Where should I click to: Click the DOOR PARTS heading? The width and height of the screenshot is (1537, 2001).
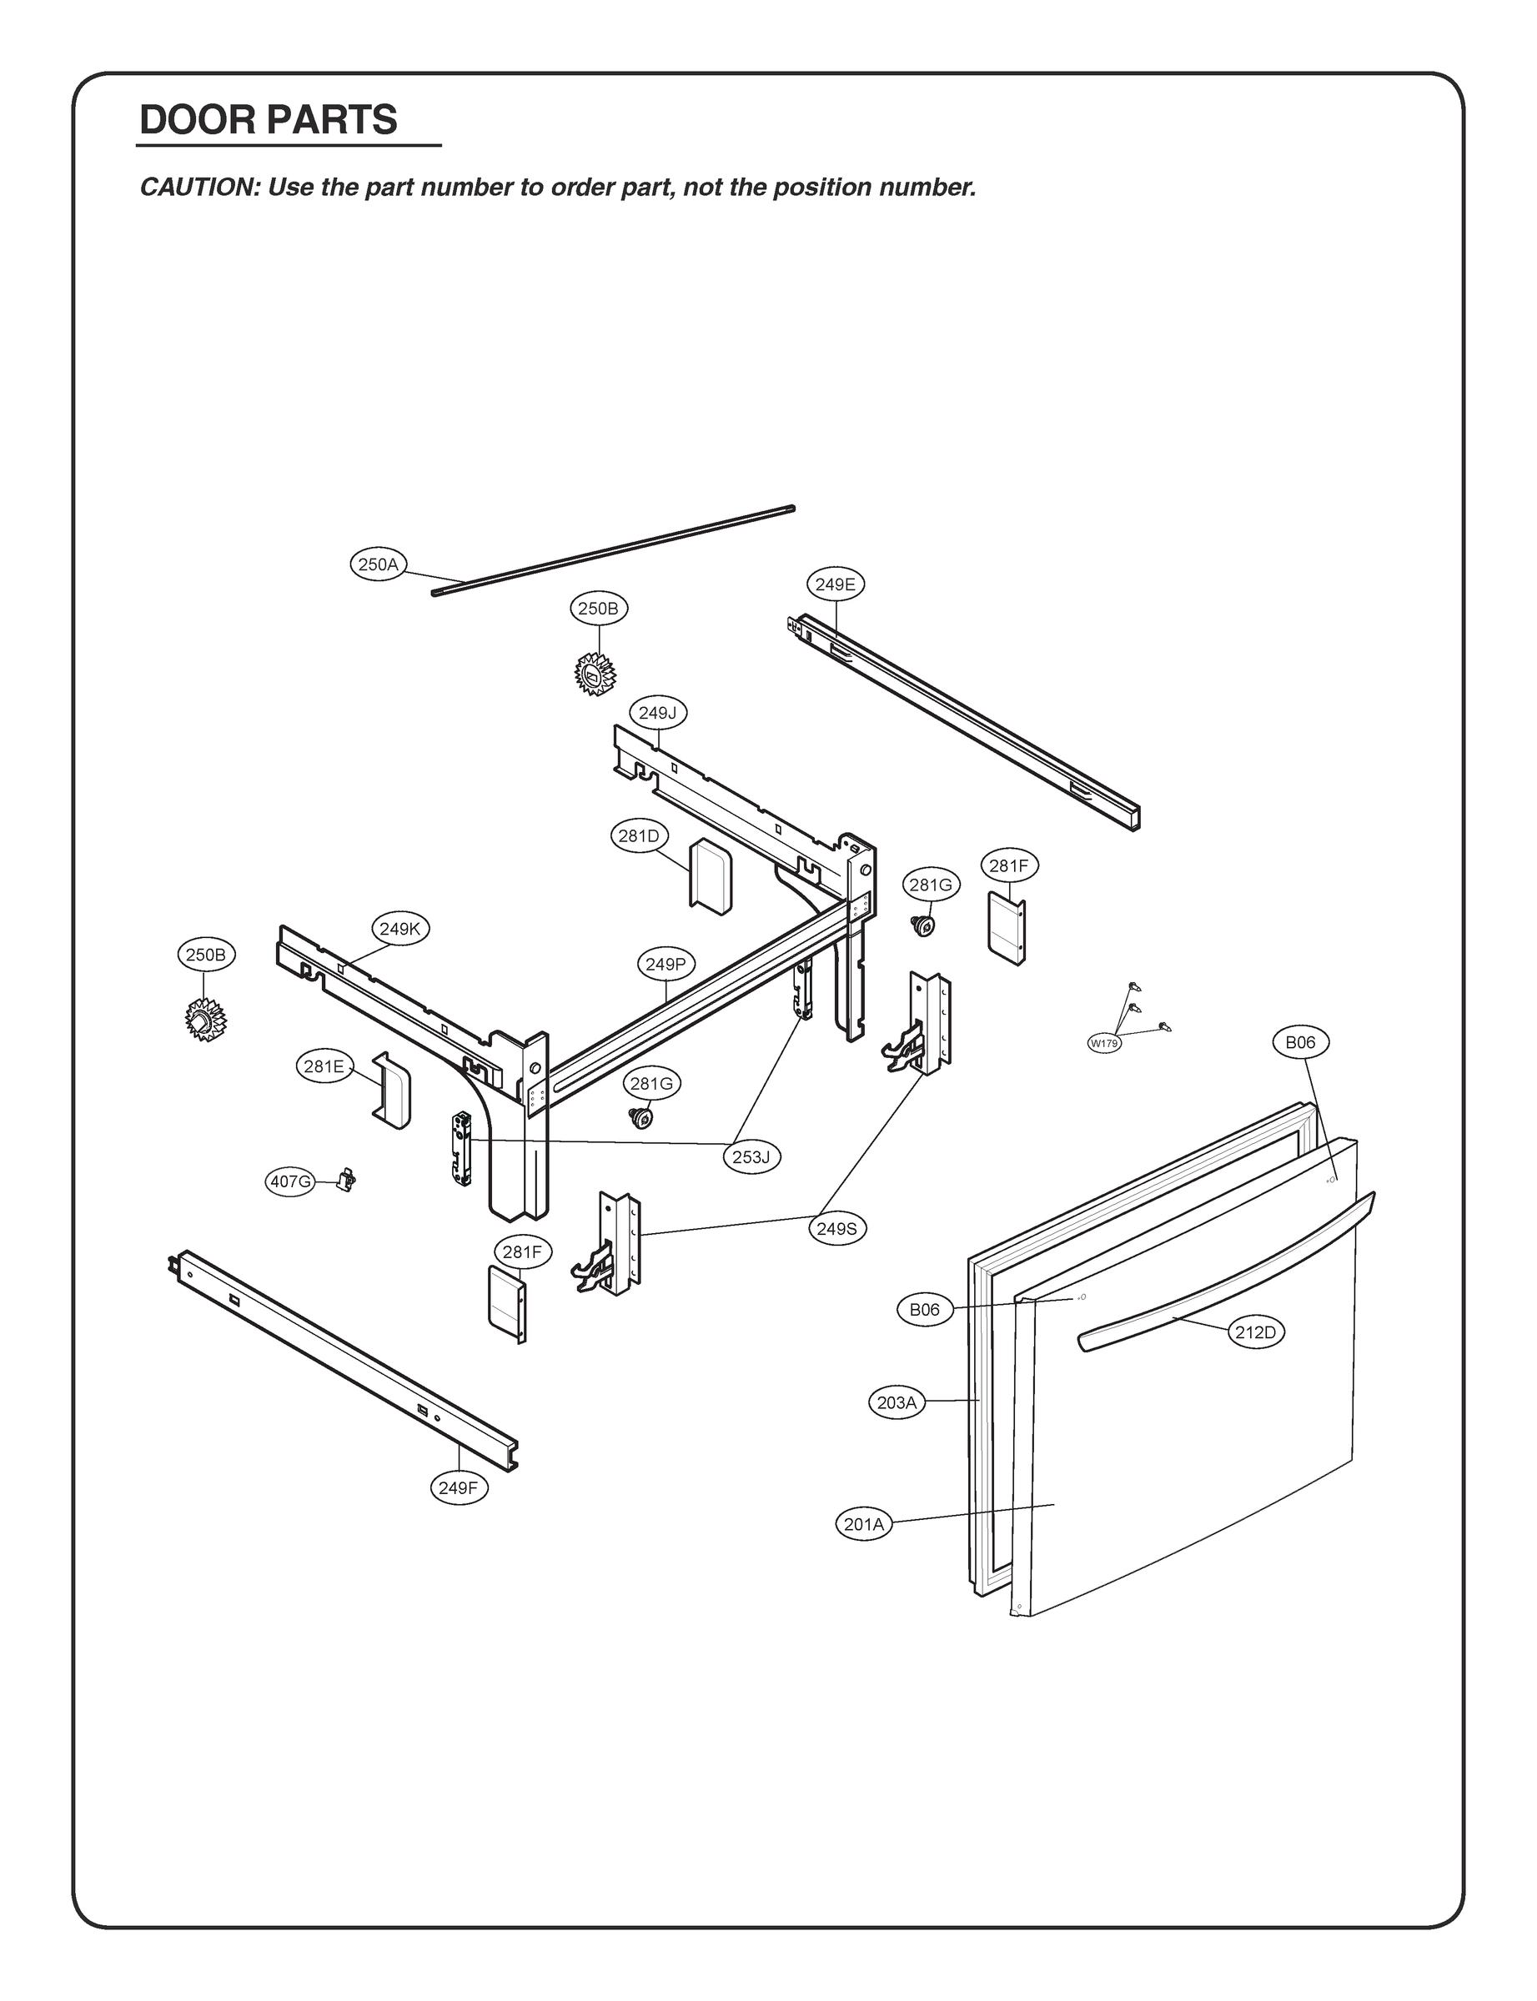click(x=268, y=121)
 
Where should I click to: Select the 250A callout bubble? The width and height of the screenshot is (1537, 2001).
click(x=378, y=564)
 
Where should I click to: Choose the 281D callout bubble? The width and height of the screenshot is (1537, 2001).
click(x=639, y=836)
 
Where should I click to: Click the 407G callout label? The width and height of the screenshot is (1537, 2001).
click(x=290, y=1181)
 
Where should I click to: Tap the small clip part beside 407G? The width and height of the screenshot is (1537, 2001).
click(x=347, y=1180)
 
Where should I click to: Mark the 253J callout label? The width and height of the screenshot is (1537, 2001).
click(x=751, y=1157)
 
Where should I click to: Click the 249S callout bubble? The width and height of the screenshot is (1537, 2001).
click(x=836, y=1228)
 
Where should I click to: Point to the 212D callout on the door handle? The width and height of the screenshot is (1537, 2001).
click(x=1255, y=1332)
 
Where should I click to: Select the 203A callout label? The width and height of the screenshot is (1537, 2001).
click(x=896, y=1402)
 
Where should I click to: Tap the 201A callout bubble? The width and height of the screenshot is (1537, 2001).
click(x=864, y=1525)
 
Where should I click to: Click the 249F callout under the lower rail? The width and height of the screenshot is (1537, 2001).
click(x=458, y=1488)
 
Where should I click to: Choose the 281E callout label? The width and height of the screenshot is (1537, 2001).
click(x=324, y=1066)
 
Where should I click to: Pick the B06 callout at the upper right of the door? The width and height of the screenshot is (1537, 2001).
click(x=1300, y=1042)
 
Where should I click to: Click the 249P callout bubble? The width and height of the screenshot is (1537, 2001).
click(x=666, y=964)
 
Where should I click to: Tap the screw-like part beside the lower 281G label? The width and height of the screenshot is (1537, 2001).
click(x=641, y=1117)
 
